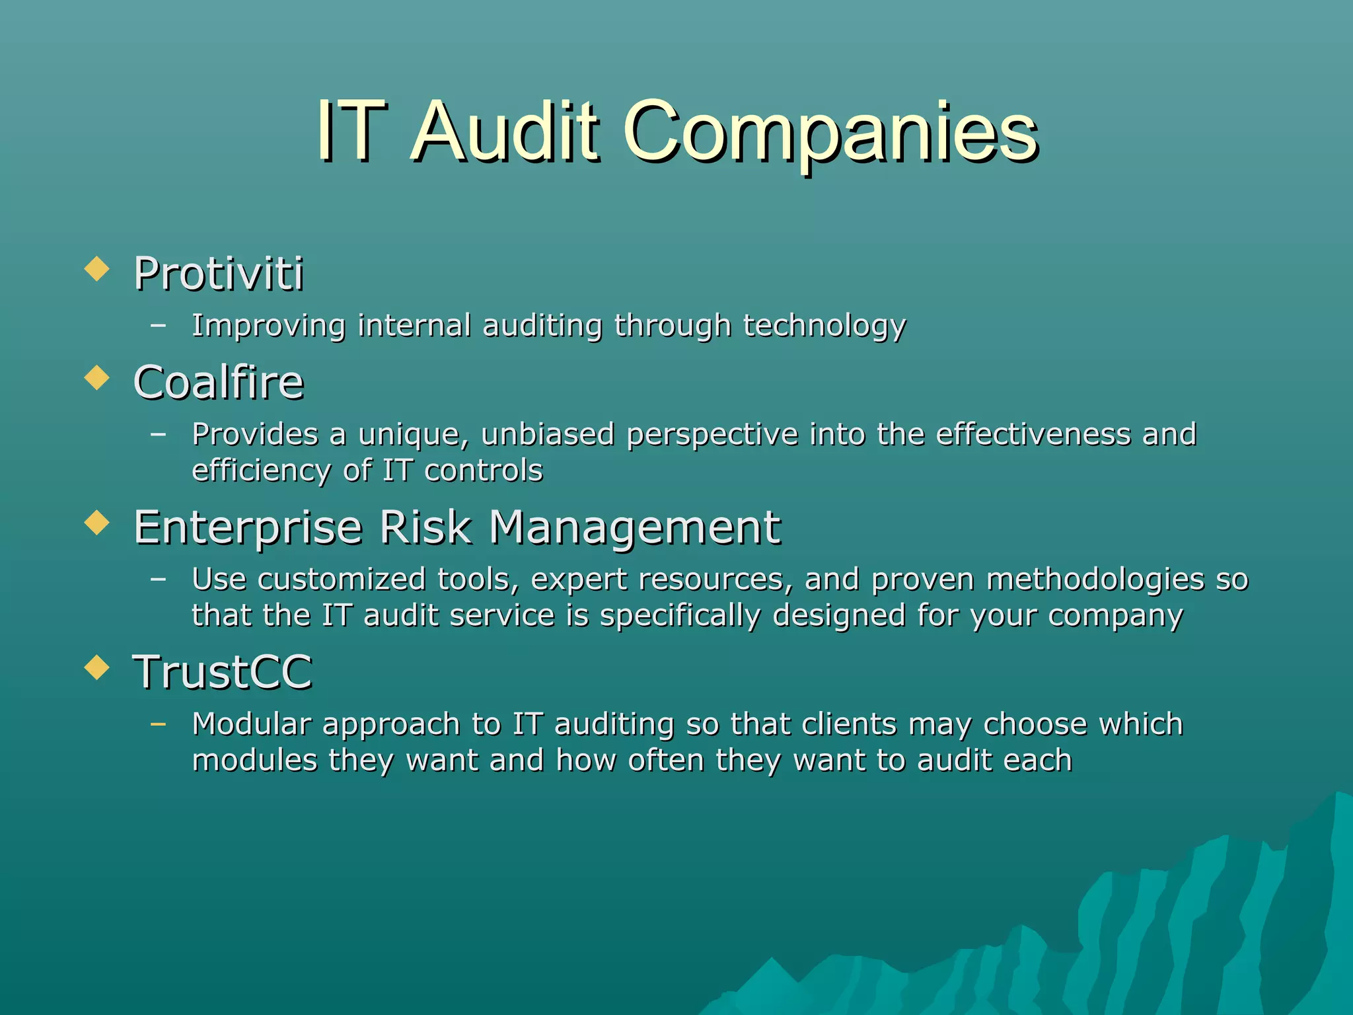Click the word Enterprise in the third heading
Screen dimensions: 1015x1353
(x=248, y=529)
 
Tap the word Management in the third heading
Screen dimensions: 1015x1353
(x=635, y=529)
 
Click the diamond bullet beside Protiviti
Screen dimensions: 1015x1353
(x=97, y=270)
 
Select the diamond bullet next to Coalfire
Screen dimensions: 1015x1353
(x=97, y=379)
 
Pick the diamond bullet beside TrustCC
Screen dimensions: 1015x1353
(x=97, y=668)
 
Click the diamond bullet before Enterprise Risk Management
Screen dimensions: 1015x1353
(x=97, y=523)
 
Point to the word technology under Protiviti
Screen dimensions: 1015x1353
(x=824, y=326)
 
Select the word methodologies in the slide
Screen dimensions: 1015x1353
(x=1095, y=580)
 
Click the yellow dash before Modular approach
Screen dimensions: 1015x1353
(x=158, y=724)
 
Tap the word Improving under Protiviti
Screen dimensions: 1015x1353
(x=268, y=326)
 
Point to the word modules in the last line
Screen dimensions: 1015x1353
(x=255, y=761)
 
